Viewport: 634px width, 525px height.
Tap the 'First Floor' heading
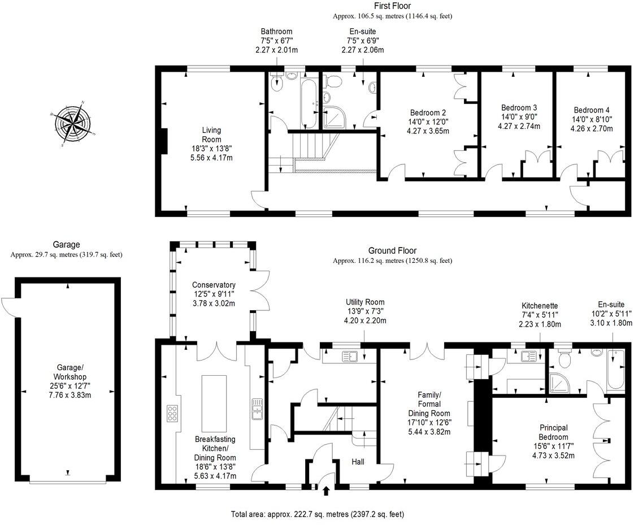pos(392,6)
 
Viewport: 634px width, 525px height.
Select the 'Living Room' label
pos(212,134)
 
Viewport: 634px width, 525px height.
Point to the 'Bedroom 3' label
pos(519,107)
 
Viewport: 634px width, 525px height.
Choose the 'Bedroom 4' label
pos(591,110)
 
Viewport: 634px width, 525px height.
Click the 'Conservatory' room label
pos(213,285)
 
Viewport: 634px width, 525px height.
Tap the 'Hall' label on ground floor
pos(357,462)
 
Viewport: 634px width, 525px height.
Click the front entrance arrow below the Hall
pos(326,492)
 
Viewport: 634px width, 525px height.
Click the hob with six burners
pos(172,414)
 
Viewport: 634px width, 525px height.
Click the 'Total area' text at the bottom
pos(317,515)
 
